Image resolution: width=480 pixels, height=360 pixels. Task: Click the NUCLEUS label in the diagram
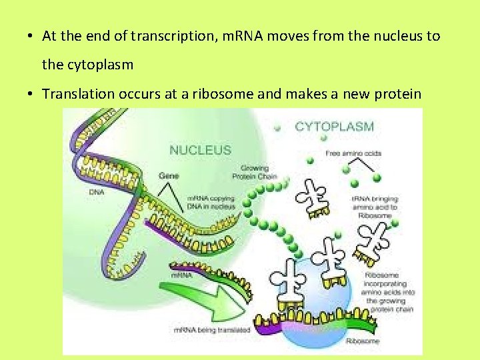200,150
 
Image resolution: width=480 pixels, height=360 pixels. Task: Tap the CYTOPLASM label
334,126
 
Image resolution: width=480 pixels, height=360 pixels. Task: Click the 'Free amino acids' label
353,153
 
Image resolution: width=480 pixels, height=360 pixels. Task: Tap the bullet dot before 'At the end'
32,36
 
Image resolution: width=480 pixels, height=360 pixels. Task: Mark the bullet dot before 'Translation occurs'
32,93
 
